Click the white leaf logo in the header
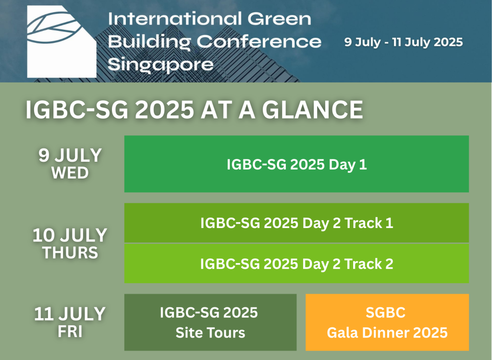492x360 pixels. (61, 41)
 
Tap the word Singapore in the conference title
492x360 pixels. (160, 65)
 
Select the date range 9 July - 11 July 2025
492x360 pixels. (403, 42)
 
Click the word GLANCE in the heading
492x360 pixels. (312, 110)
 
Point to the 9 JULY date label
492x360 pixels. (70, 155)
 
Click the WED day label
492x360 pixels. (70, 173)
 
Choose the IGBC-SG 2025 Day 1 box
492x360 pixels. (296, 164)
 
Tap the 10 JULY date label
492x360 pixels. (70, 235)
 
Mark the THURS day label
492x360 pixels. (70, 253)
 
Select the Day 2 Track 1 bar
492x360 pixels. (296, 223)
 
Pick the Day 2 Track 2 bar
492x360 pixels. (296, 264)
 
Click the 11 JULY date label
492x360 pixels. (70, 313)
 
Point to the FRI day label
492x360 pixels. (70, 332)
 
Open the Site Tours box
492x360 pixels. (210, 323)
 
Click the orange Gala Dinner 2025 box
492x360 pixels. (387, 323)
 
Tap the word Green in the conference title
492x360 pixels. (279, 19)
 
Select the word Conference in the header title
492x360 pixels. (259, 42)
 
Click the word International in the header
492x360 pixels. (175, 19)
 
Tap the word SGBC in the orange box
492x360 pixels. (386, 312)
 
